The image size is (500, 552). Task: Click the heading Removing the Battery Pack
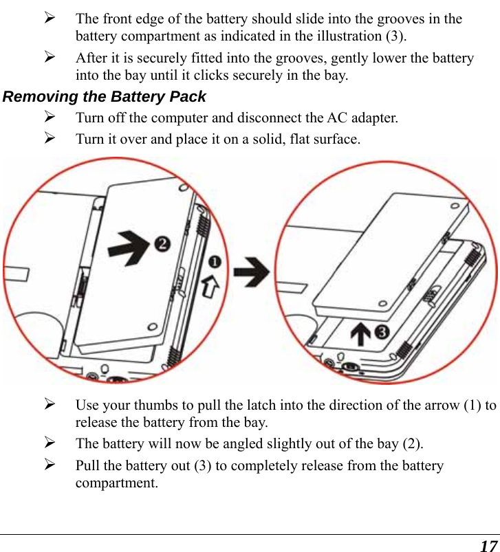pyautogui.click(x=105, y=97)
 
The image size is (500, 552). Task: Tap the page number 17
pyautogui.click(x=488, y=546)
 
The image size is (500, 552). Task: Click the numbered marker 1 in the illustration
pyautogui.click(x=215, y=263)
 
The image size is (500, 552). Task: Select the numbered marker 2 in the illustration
pyautogui.click(x=162, y=244)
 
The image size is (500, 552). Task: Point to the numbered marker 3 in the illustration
pyautogui.click(x=380, y=333)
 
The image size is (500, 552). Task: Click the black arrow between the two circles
pyautogui.click(x=250, y=273)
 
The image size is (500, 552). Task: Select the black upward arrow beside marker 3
pyautogui.click(x=360, y=336)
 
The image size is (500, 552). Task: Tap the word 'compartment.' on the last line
pyautogui.click(x=116, y=483)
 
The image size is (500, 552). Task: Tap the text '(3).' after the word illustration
pyautogui.click(x=393, y=36)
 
